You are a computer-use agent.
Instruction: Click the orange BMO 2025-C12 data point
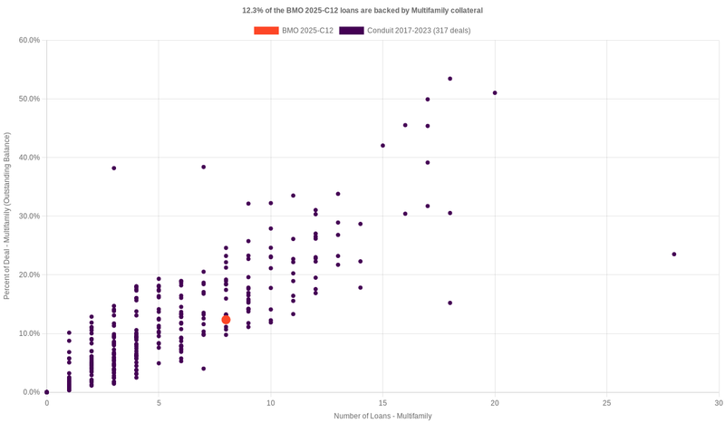click(226, 320)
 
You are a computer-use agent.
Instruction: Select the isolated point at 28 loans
click(674, 255)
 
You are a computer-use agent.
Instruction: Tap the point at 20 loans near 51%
click(495, 93)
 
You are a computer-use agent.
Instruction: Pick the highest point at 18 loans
click(449, 79)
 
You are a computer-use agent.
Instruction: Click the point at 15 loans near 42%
click(382, 146)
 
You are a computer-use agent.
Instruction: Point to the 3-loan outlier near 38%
click(114, 168)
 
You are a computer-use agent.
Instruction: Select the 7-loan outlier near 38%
click(204, 168)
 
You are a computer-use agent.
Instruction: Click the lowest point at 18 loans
click(449, 303)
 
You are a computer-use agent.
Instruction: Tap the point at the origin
click(47, 392)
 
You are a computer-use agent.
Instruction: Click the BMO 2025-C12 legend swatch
click(266, 31)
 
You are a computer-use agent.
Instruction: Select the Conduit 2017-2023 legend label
click(419, 31)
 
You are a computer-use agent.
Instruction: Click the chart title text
click(362, 11)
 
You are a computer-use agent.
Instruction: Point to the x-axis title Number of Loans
click(382, 416)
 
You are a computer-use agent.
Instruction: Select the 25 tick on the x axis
click(606, 402)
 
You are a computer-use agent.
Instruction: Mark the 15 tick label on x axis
click(382, 402)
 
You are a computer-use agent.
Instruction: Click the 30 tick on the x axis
click(718, 402)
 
